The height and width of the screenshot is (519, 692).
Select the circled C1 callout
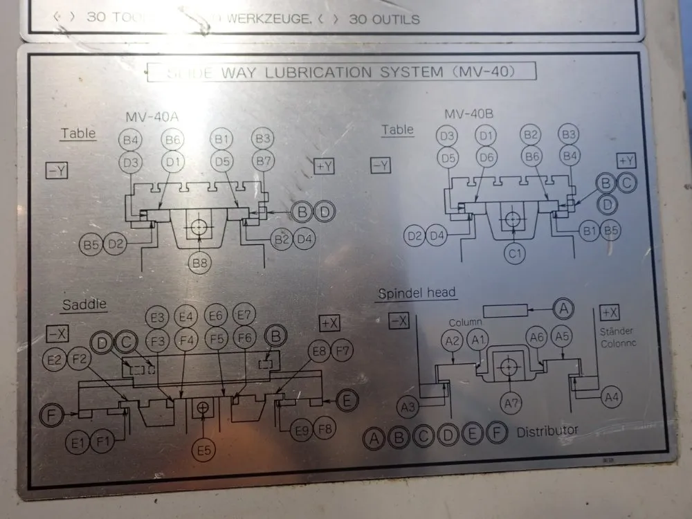513,255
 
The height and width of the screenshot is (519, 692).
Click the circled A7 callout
511,402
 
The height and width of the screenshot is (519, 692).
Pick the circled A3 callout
410,406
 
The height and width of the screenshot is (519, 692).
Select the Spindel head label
417,293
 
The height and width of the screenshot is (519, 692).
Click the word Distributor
547,430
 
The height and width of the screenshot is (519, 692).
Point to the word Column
464,322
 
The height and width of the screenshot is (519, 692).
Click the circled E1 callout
78,439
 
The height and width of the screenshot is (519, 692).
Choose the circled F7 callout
343,350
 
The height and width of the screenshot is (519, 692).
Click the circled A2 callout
453,340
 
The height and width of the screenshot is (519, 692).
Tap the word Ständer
617,331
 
